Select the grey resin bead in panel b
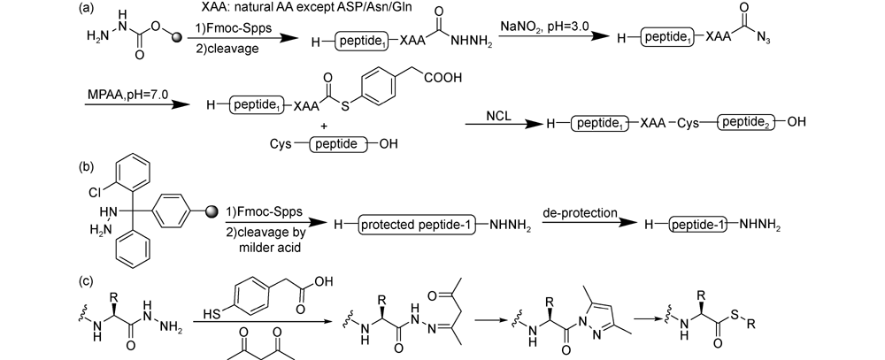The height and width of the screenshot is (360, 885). [212, 211]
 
